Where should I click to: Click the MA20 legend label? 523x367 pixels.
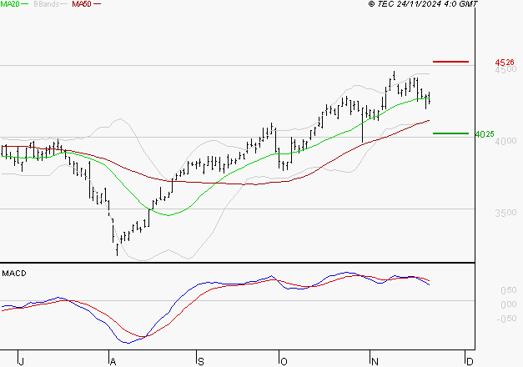pyautogui.click(x=10, y=4)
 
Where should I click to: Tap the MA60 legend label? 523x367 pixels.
pyautogui.click(x=82, y=4)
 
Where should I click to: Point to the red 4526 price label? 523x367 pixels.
pyautogui.click(x=503, y=63)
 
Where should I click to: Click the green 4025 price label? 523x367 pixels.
pyautogui.click(x=484, y=134)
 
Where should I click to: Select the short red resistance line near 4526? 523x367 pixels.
pyautogui.click(x=451, y=62)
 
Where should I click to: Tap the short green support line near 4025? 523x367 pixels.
pyautogui.click(x=451, y=133)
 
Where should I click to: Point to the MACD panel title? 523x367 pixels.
pyautogui.click(x=13, y=274)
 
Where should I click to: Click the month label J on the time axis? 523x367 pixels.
pyautogui.click(x=22, y=360)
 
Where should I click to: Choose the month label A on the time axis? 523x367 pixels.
pyautogui.click(x=111, y=360)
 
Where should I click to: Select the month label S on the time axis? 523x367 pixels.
pyautogui.click(x=199, y=360)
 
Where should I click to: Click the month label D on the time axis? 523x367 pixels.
pyautogui.click(x=470, y=360)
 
